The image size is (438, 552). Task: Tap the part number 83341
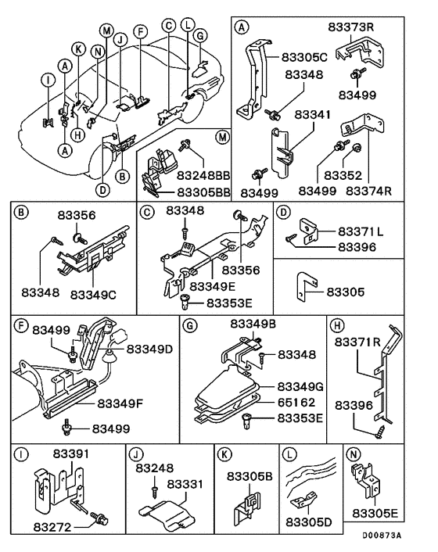(313, 115)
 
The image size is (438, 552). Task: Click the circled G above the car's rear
(199, 36)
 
